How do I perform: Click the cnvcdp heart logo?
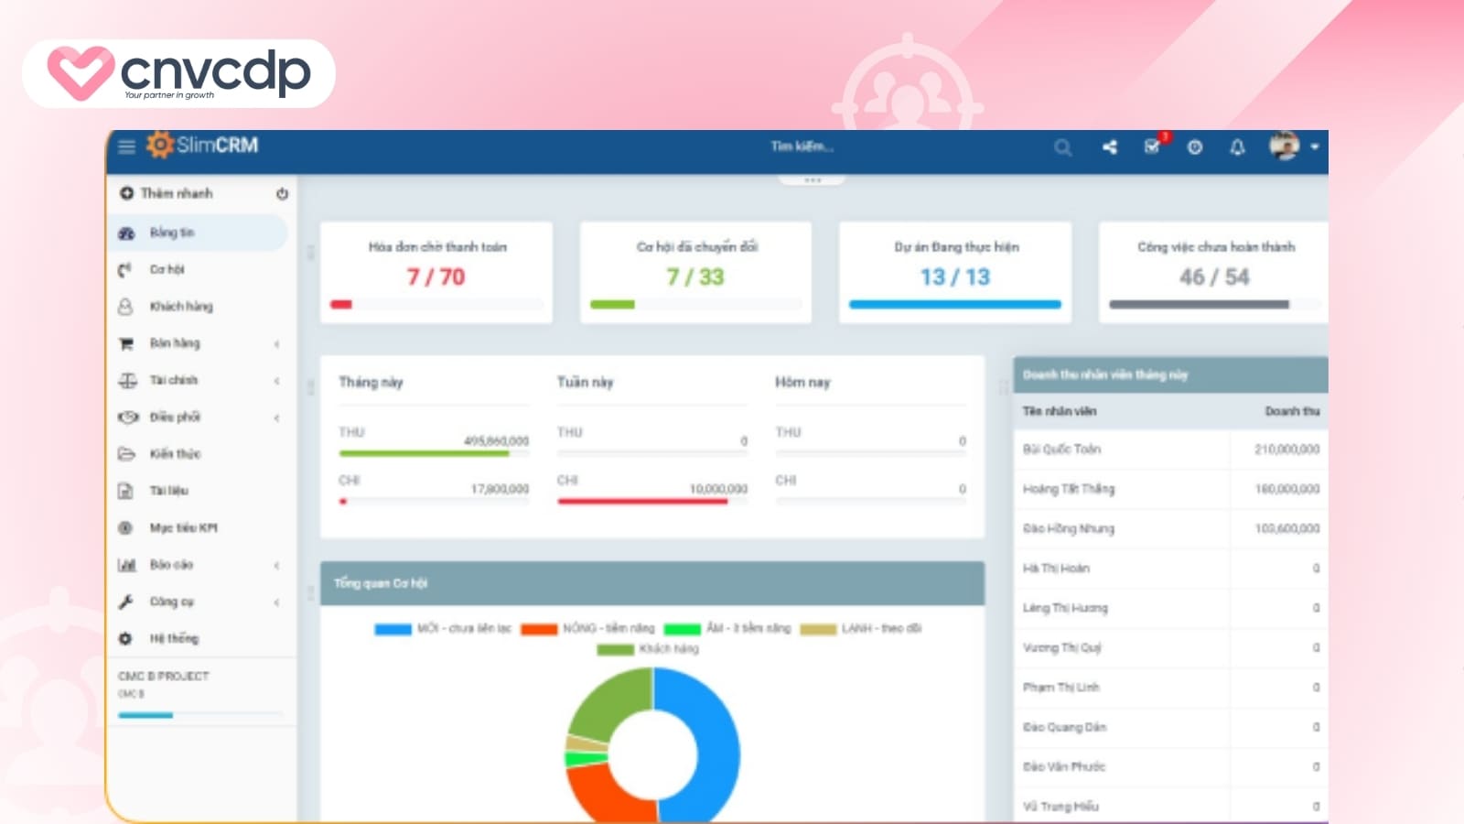coord(81,72)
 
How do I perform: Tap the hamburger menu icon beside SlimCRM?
coord(126,146)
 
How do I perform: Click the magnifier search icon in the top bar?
coord(1062,147)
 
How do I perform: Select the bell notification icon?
coord(1237,147)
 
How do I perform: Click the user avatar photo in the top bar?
coord(1284,146)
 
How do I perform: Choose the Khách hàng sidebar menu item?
coord(180,307)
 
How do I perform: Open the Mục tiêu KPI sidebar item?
coord(183,528)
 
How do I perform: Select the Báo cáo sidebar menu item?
coord(171,565)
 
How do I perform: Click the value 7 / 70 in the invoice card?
coord(436,276)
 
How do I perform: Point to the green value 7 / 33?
coord(695,276)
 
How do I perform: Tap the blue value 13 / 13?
coord(955,276)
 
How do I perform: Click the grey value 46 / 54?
coord(1214,276)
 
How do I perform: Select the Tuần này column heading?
coord(586,382)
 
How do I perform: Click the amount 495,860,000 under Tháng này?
coord(496,441)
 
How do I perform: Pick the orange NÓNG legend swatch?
coord(539,629)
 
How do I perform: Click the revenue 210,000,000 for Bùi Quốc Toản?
coord(1286,450)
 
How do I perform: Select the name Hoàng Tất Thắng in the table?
coord(1069,489)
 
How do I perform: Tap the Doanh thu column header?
coord(1292,412)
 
